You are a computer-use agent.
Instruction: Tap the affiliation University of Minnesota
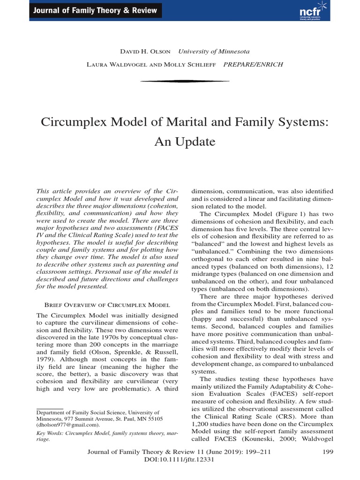(x=214, y=52)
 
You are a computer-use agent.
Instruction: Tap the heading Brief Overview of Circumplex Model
(x=107, y=304)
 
